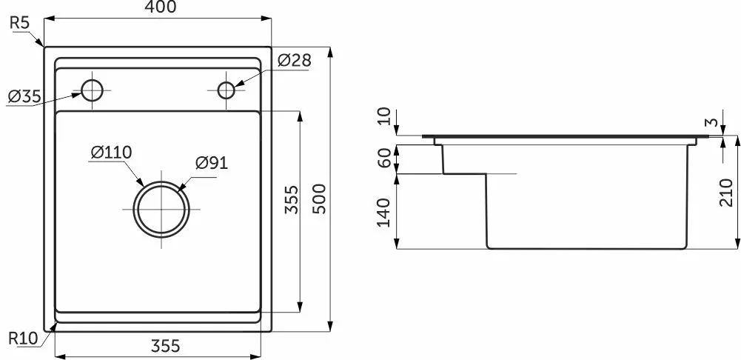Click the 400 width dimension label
coord(161,7)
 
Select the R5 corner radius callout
coord(20,24)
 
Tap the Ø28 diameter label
coord(295,61)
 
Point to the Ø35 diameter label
coord(24,97)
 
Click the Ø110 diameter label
coord(111,153)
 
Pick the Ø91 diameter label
coord(212,163)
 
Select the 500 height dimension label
coord(320,199)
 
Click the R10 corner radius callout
coord(23,339)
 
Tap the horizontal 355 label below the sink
coord(165,346)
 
